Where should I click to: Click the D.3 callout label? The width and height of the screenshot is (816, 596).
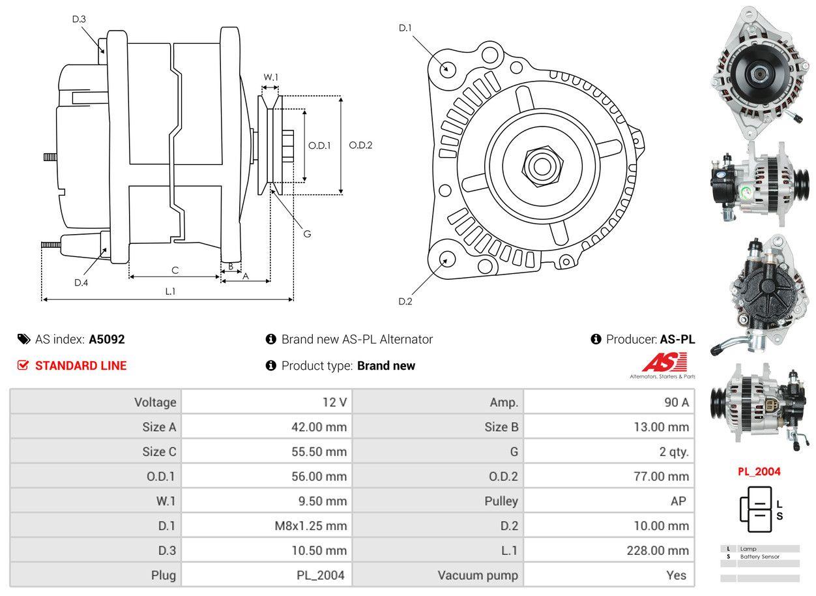point(79,19)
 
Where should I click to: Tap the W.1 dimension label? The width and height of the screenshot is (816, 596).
point(270,77)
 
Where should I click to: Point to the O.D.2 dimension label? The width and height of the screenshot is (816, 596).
point(360,145)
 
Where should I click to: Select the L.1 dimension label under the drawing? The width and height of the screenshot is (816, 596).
point(169,291)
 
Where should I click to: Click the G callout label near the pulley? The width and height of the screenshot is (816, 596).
point(307,233)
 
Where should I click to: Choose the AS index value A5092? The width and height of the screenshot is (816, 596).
point(107,339)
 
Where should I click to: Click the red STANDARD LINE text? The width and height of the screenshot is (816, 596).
point(81,366)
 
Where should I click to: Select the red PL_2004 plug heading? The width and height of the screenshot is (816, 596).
point(759,471)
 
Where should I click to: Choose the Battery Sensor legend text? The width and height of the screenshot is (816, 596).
point(759,557)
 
